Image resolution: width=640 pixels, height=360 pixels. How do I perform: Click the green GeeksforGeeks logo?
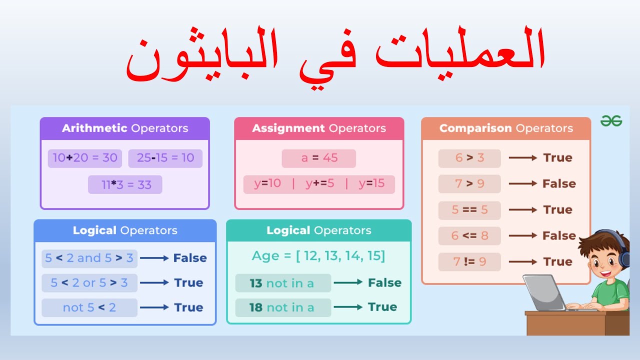611,121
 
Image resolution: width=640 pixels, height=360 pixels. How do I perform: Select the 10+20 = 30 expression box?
85,158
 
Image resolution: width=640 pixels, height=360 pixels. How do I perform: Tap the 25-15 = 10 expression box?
165,158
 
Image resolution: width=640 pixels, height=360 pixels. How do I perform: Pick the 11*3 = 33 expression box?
125,184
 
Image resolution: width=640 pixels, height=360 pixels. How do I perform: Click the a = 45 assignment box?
319,158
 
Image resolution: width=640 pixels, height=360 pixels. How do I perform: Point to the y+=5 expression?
319,183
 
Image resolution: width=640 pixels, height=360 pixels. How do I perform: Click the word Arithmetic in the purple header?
94,128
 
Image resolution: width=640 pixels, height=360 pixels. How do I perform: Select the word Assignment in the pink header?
288,128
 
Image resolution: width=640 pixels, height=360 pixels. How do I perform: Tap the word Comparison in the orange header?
475,128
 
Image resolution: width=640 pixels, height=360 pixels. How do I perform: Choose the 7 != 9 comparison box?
469,262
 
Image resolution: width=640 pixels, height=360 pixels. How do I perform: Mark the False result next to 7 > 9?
559,183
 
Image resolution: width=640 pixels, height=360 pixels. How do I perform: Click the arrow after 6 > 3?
523,157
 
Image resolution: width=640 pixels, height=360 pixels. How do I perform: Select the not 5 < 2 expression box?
89,307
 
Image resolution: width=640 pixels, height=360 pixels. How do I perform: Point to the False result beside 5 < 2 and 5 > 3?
190,258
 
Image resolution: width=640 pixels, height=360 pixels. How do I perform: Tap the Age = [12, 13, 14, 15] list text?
318,256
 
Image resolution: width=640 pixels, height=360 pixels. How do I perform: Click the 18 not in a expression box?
283,307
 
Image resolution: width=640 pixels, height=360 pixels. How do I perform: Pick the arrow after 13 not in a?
348,282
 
